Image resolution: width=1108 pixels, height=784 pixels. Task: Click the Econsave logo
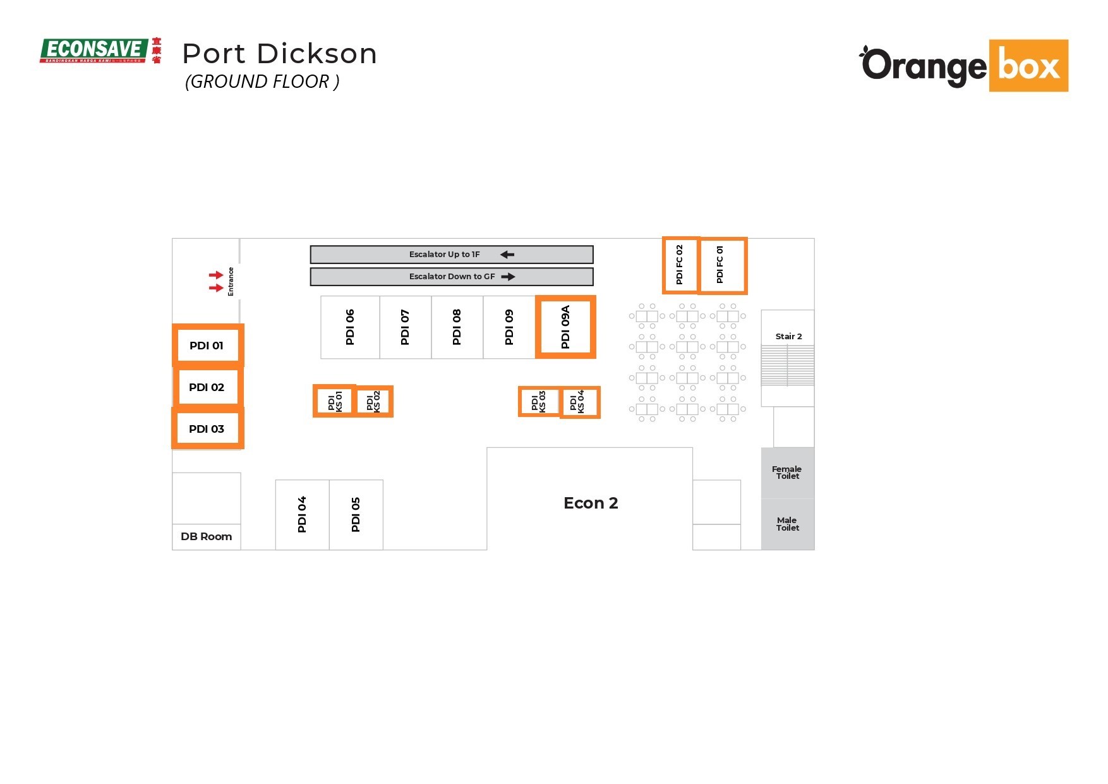(100, 51)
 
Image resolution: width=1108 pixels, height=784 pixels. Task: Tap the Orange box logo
(963, 66)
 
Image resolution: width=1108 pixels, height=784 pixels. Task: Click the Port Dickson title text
(279, 54)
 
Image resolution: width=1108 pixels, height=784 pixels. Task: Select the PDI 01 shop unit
(207, 346)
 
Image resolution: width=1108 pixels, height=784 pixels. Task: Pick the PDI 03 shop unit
(207, 429)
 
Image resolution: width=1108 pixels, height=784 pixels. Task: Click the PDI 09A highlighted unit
(565, 327)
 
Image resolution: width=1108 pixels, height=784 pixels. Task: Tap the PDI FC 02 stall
(680, 265)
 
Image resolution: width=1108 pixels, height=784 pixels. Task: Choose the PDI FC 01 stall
(721, 265)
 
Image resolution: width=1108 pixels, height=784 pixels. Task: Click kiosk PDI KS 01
(334, 401)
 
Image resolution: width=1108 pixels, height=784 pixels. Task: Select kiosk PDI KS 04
(579, 402)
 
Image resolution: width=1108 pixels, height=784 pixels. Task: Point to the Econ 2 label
(591, 503)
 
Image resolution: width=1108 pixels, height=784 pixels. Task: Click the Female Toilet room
(787, 473)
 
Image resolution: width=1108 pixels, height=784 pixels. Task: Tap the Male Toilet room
(787, 524)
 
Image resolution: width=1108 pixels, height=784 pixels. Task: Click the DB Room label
(207, 536)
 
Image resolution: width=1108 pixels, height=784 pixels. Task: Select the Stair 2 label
(788, 336)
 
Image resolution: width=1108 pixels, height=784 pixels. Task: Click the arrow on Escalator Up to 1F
(507, 255)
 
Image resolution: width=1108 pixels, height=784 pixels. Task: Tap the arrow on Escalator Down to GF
(508, 277)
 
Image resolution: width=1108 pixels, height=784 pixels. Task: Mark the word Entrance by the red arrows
(231, 282)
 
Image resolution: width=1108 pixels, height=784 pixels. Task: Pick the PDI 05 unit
(356, 514)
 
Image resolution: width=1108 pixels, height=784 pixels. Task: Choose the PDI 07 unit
(405, 327)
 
